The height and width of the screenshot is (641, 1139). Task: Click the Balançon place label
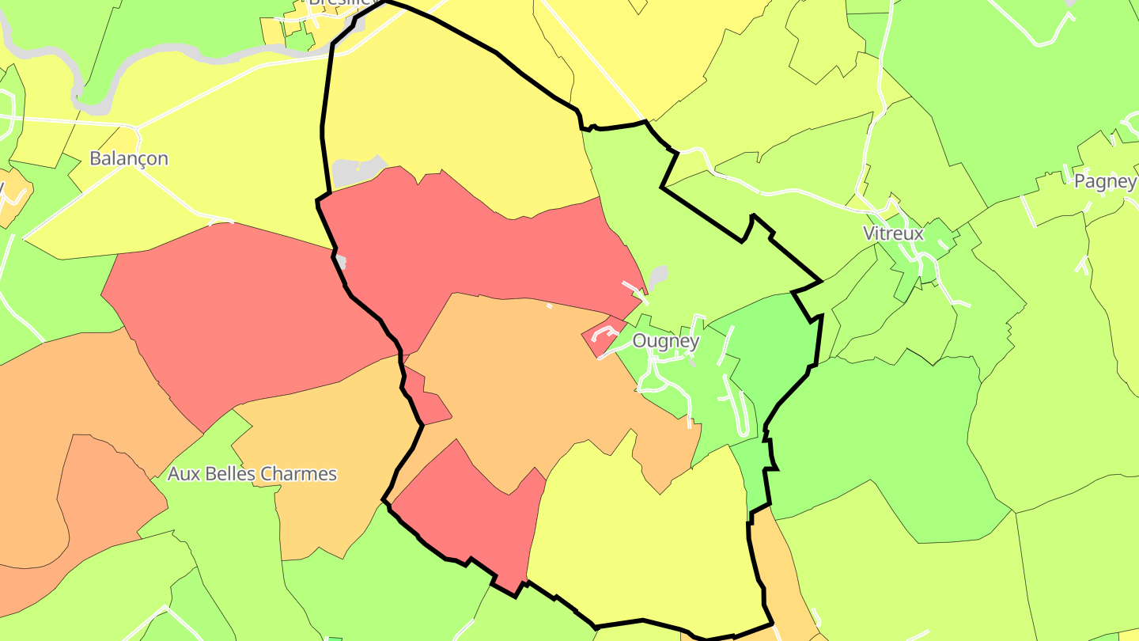[129, 158]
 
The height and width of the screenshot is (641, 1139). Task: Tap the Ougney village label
[666, 341]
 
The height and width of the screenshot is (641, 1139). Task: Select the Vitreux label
[894, 233]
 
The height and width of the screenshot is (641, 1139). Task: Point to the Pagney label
[1105, 181]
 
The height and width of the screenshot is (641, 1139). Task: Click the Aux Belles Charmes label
[252, 474]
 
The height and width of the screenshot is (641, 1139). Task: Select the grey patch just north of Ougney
[658, 277]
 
